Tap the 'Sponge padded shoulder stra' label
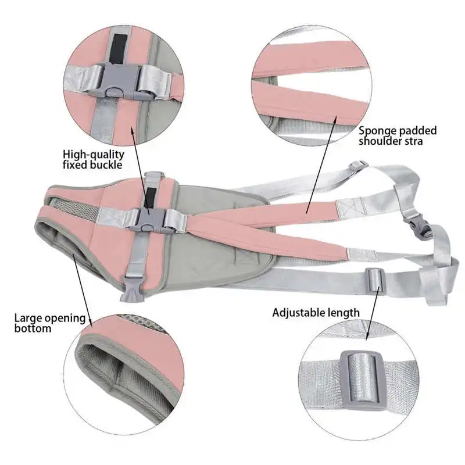[397, 135]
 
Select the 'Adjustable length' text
[316, 313]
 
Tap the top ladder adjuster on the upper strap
[357, 167]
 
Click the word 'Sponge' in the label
[376, 131]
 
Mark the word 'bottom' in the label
[33, 328]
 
